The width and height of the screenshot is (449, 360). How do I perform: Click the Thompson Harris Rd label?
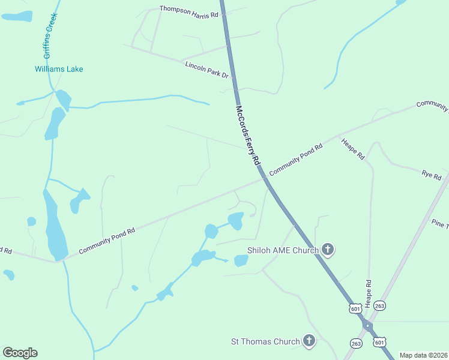188,12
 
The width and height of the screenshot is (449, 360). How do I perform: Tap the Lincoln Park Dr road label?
207,70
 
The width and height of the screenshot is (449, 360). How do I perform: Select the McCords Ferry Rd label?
247,136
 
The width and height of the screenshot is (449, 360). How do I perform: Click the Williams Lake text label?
59,69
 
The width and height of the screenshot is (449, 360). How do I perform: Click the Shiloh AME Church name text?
283,250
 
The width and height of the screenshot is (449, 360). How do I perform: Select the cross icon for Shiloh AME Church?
328,249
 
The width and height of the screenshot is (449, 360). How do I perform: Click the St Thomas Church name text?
265,341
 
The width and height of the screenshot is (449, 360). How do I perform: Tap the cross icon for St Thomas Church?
309,341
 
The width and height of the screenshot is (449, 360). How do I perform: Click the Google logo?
20,353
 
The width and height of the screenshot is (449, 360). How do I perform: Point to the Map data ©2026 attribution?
423,355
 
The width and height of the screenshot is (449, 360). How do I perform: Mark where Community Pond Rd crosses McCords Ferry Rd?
264,178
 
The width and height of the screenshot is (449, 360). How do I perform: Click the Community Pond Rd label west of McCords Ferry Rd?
106,239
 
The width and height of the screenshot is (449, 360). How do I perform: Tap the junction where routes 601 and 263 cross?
367,326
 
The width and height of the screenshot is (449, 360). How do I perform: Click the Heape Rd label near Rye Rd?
353,149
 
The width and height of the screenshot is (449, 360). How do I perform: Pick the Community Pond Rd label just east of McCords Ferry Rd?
296,159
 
